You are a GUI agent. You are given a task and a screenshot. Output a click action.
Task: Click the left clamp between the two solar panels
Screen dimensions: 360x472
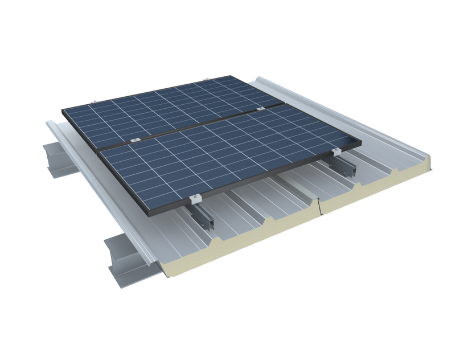point(134,141)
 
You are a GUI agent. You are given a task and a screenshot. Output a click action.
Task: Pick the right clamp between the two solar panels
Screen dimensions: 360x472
point(261,108)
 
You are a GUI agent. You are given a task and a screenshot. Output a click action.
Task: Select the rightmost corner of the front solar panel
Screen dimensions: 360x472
point(360,142)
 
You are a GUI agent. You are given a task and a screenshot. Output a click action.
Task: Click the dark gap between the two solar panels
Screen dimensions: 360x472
point(199,124)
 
